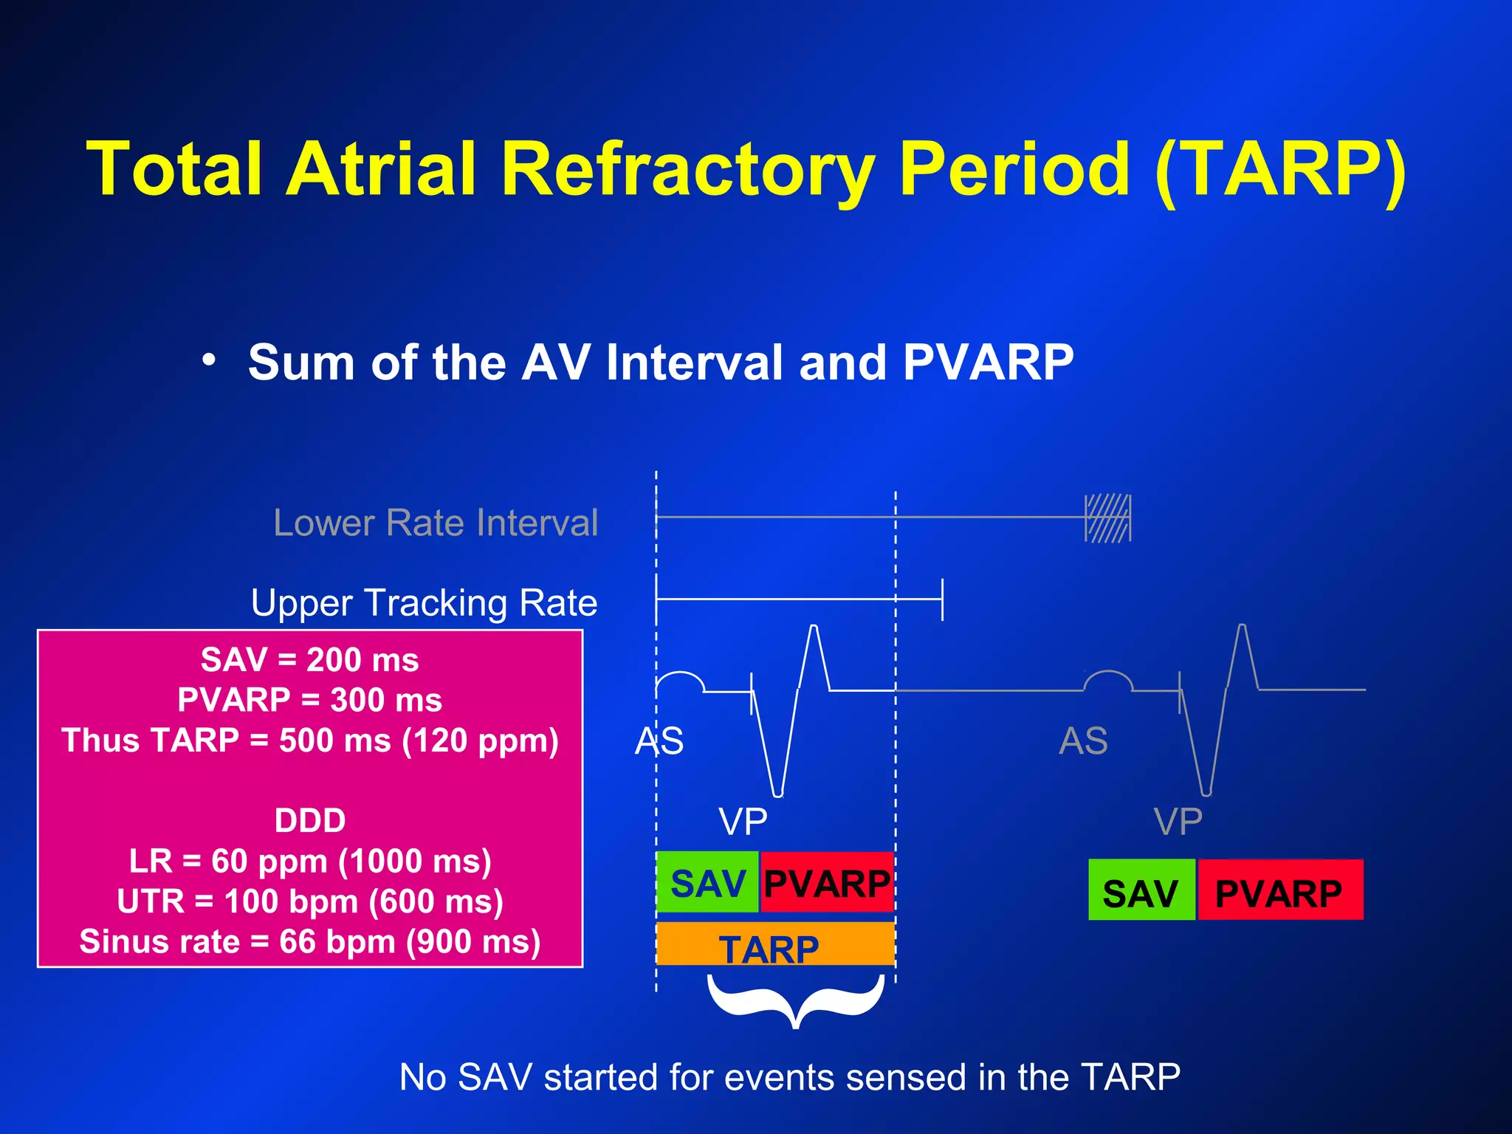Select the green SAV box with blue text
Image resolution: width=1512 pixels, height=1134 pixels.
pyautogui.click(x=707, y=883)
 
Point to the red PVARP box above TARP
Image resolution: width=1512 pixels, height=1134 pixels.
pyautogui.click(x=827, y=883)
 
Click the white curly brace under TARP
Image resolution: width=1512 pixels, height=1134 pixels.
pyautogui.click(x=795, y=1000)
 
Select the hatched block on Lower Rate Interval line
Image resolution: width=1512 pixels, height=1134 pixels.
pyautogui.click(x=1107, y=518)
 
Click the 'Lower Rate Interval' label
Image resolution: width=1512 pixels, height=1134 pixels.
pyautogui.click(x=436, y=523)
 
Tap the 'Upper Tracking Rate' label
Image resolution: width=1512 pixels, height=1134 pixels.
pyautogui.click(x=424, y=602)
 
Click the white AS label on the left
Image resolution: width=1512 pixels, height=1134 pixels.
pyautogui.click(x=659, y=740)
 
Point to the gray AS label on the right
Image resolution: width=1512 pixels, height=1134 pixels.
pyautogui.click(x=1083, y=740)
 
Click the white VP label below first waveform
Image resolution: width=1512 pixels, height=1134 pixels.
pyautogui.click(x=743, y=822)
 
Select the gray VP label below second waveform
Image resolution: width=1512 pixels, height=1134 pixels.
pyautogui.click(x=1178, y=822)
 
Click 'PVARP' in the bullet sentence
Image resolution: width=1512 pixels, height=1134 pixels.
pyautogui.click(x=988, y=362)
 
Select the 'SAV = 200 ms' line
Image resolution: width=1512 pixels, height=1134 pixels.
pyautogui.click(x=310, y=660)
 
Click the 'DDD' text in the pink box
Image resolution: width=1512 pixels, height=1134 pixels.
pyautogui.click(x=310, y=821)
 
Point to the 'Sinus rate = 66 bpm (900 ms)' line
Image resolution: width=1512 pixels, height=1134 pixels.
pyautogui.click(x=310, y=942)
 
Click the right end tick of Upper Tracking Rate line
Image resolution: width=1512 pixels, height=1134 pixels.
pyautogui.click(x=942, y=599)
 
